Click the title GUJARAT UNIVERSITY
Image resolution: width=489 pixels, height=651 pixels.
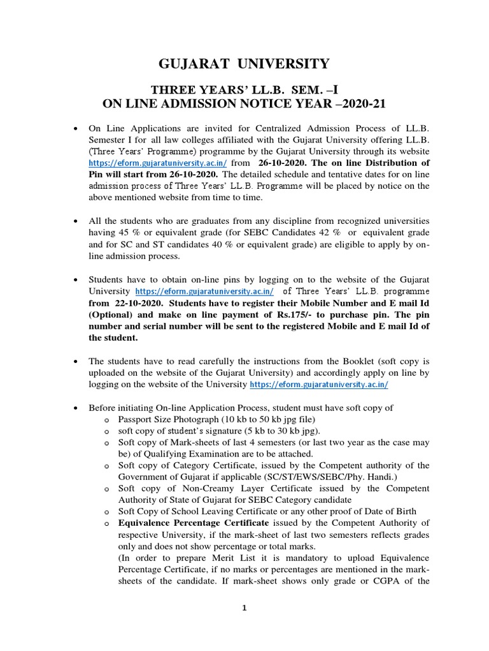pyautogui.click(x=244, y=64)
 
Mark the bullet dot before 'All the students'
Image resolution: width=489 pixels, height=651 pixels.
pyautogui.click(x=77, y=221)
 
